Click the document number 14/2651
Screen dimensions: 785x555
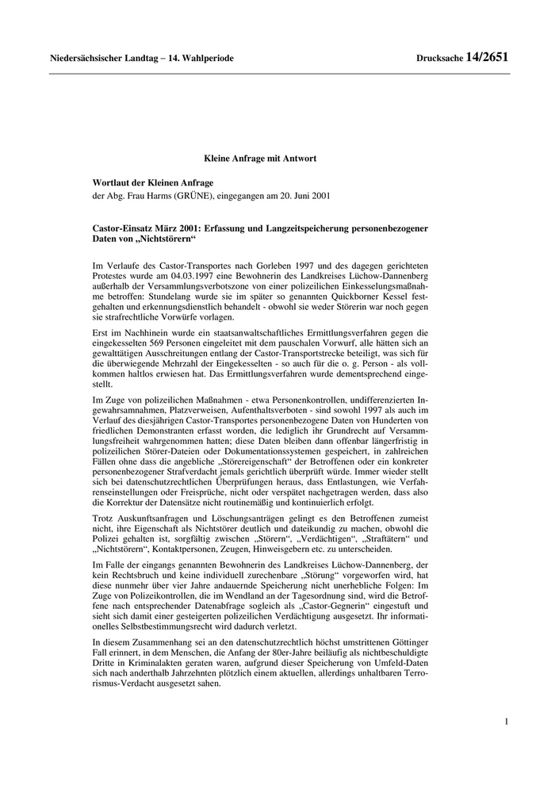[487, 58]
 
